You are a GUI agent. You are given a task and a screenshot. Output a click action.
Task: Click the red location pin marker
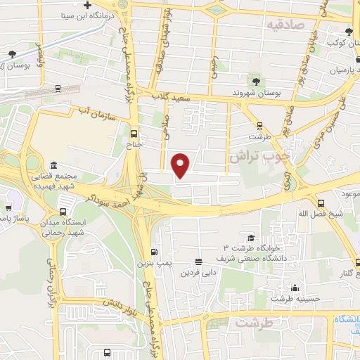coord(181,165)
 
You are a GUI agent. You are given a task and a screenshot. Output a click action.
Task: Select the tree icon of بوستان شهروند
coord(254,81)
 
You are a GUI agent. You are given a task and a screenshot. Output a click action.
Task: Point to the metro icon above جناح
coord(134,135)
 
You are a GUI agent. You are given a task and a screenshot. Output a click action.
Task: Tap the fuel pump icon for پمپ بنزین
coord(154,252)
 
